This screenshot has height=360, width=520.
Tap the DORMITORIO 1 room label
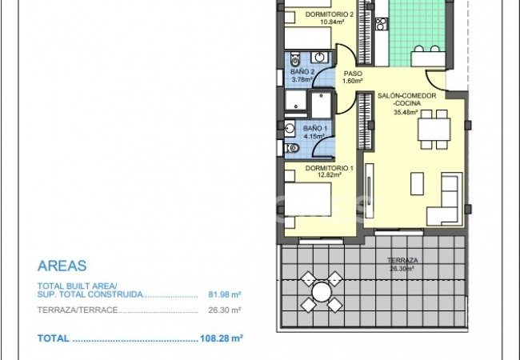(x=330, y=169)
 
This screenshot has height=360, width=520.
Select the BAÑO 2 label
(x=302, y=71)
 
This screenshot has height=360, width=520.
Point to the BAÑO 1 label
(x=314, y=128)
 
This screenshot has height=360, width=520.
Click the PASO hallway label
(x=354, y=72)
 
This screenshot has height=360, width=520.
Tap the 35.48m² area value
(x=406, y=112)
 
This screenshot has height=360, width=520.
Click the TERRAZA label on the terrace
(x=402, y=261)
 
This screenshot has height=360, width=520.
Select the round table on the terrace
(x=322, y=292)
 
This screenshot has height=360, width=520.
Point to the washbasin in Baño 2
(x=319, y=57)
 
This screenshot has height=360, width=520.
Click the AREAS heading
(x=62, y=266)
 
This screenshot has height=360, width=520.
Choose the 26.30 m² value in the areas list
(x=225, y=310)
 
